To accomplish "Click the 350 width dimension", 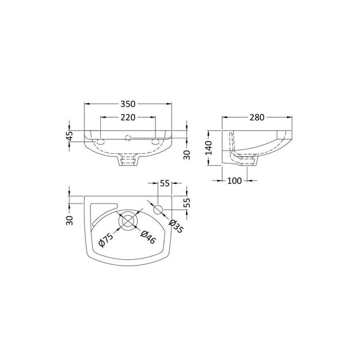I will click(x=128, y=103).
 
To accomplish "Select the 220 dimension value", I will click(x=128, y=117).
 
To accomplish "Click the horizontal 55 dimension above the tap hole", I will click(x=165, y=183).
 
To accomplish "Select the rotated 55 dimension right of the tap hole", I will click(x=187, y=202).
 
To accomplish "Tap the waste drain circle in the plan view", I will click(x=128, y=221).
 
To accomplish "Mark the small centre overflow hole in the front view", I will click(x=128, y=137).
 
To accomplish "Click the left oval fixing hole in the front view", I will click(x=101, y=140).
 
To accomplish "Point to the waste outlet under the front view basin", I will click(x=128, y=161).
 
